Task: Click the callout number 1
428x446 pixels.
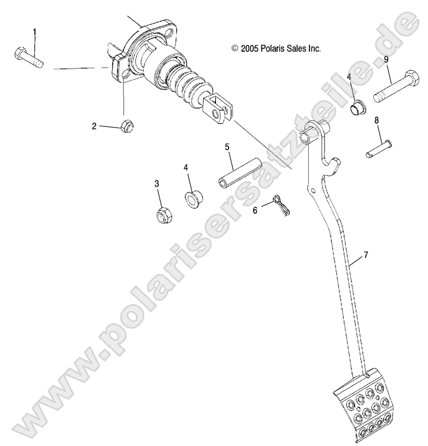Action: click(x=36, y=32)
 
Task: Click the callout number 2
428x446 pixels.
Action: click(x=94, y=126)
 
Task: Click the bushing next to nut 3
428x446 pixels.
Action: click(x=193, y=199)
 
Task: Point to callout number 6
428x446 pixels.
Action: click(x=255, y=210)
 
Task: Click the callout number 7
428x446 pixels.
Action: click(x=365, y=240)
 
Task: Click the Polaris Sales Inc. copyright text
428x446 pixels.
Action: click(x=275, y=49)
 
